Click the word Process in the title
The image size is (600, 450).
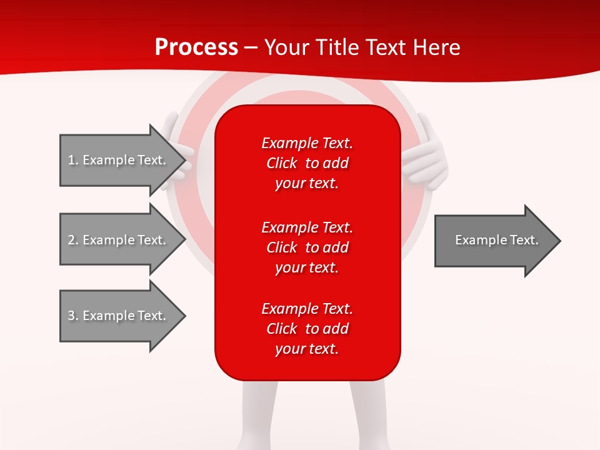point(196,47)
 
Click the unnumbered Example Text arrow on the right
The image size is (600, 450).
point(496,240)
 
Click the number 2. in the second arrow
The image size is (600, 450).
point(72,240)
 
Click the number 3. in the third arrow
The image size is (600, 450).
point(72,316)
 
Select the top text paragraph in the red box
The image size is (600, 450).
point(307,163)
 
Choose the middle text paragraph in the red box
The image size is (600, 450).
point(307,247)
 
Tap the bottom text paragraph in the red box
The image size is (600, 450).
point(307,329)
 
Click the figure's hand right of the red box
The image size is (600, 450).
point(426,156)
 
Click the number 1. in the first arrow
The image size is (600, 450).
point(72,160)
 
